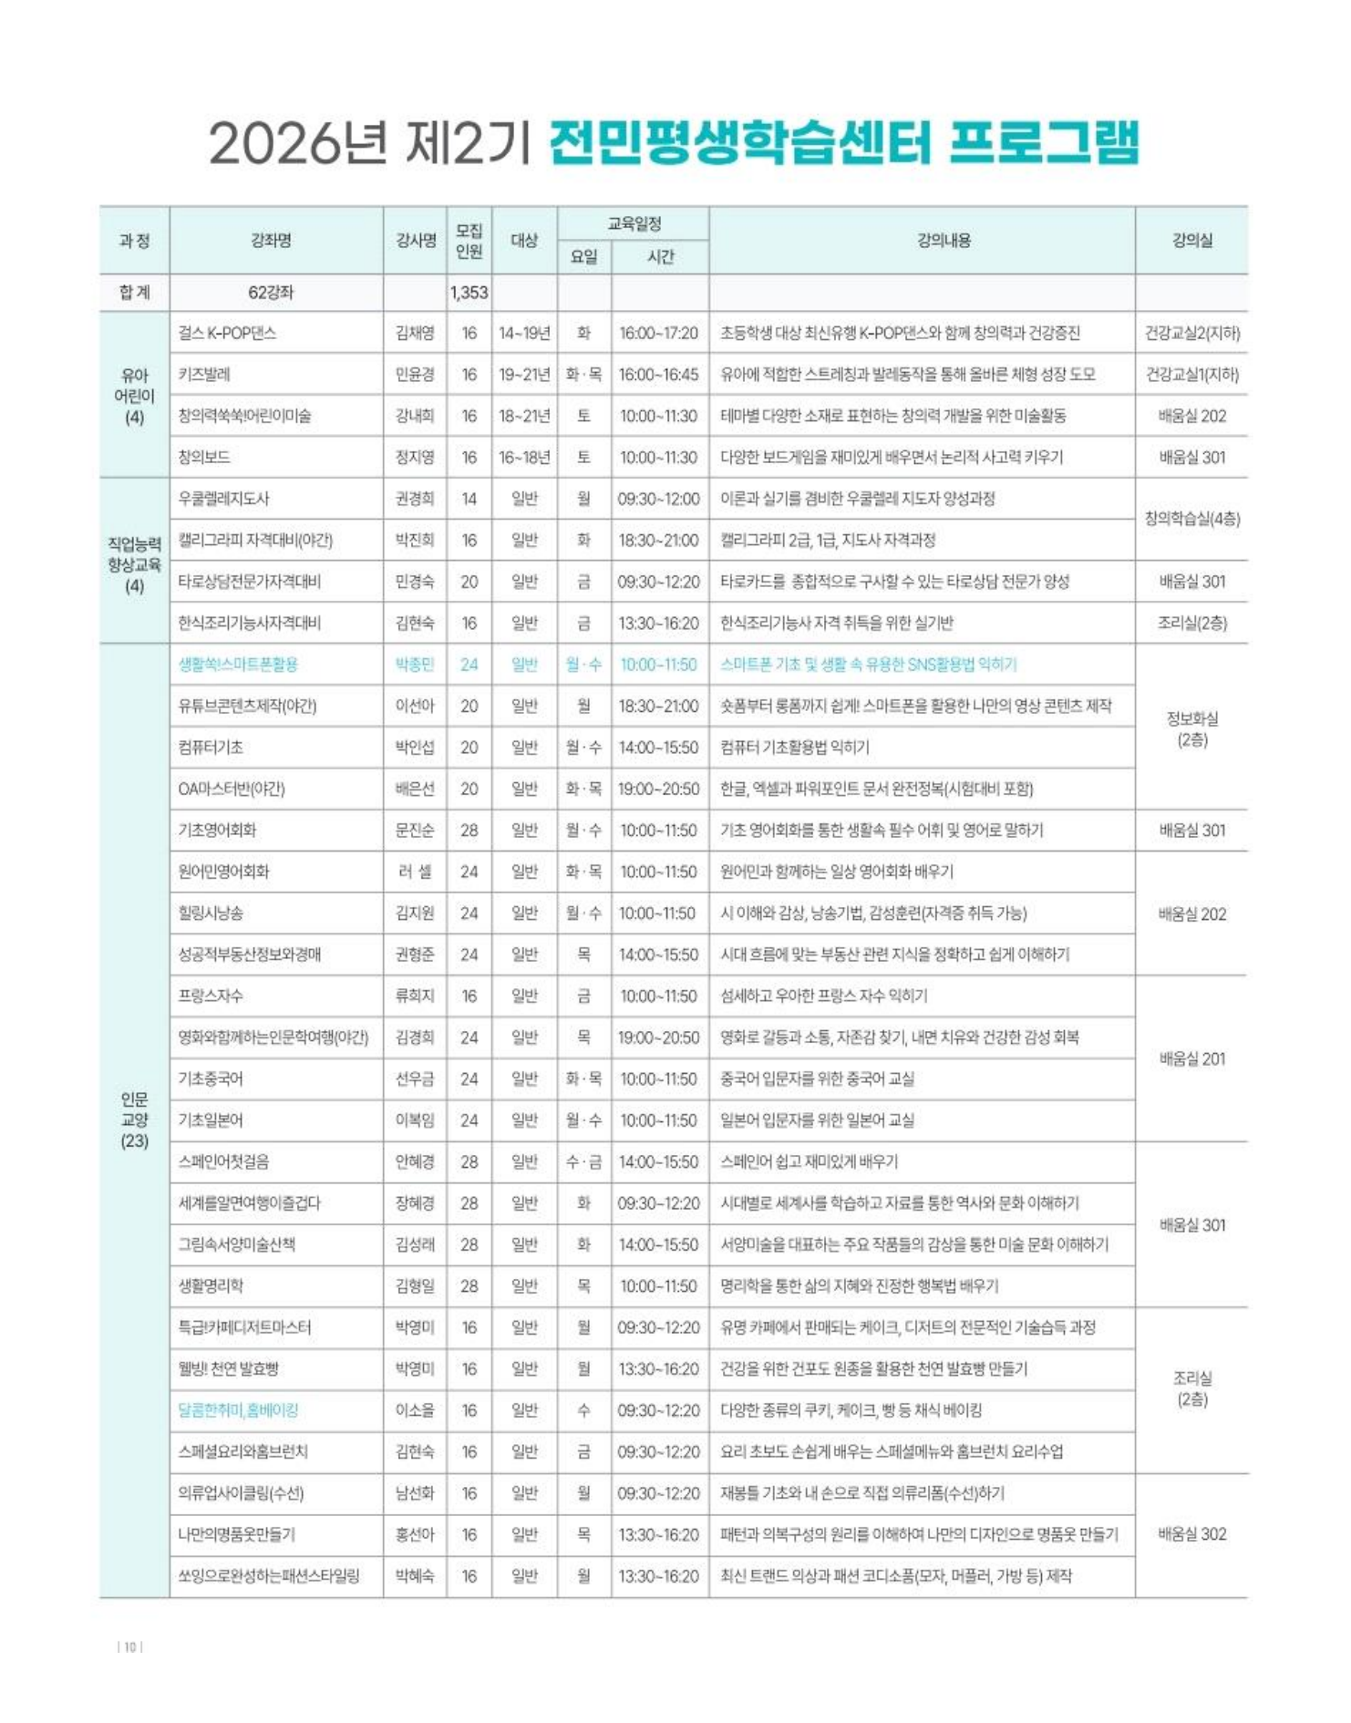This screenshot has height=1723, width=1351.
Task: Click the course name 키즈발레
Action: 204,375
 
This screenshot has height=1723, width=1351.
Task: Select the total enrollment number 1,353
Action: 469,293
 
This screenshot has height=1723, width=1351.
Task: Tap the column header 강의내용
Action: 944,241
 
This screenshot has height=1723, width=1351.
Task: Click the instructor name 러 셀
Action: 415,872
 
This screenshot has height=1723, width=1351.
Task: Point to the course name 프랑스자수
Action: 211,996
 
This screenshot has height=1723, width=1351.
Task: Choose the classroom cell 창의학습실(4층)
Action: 1191,519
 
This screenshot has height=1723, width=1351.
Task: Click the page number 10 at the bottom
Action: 130,1646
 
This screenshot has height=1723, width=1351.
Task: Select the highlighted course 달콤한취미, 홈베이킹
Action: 238,1410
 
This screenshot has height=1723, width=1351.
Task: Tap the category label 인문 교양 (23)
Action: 134,1119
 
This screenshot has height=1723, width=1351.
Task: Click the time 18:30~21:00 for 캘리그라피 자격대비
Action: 658,541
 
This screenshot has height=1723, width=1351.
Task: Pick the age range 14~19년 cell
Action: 524,334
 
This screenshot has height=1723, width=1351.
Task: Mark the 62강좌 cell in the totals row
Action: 271,293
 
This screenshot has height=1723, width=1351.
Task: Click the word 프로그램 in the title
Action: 1044,143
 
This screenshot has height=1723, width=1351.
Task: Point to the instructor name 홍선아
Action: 415,1534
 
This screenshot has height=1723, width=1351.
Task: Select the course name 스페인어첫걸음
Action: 223,1161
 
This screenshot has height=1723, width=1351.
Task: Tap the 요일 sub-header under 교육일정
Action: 583,257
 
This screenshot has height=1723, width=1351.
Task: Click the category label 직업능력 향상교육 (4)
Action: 134,564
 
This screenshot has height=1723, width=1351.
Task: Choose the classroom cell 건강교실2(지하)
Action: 1191,334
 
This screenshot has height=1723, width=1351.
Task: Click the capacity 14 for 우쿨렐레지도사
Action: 469,499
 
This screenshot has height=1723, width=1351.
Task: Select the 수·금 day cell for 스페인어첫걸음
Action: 583,1161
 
